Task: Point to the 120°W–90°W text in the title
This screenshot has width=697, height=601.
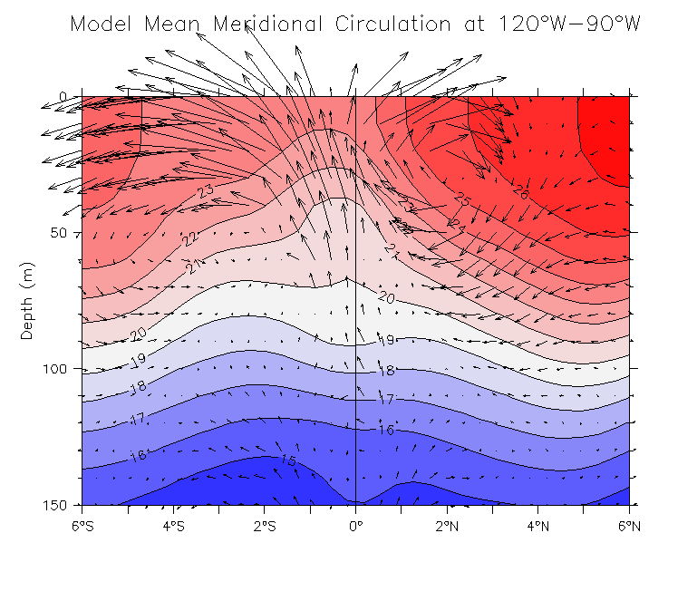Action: click(x=569, y=24)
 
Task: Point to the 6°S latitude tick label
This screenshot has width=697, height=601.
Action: click(x=82, y=525)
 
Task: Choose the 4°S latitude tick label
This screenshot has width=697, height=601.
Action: click(x=173, y=525)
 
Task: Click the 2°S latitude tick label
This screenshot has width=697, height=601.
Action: click(x=264, y=525)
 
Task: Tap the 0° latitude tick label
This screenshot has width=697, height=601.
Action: click(x=355, y=525)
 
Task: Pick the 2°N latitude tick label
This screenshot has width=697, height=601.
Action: click(x=447, y=525)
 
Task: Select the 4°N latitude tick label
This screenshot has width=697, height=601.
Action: click(x=537, y=525)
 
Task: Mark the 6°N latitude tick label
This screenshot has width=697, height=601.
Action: click(x=629, y=525)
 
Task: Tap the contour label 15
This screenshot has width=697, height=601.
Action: click(x=288, y=460)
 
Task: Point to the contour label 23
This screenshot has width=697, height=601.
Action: click(x=207, y=191)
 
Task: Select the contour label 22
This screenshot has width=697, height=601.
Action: click(x=189, y=238)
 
